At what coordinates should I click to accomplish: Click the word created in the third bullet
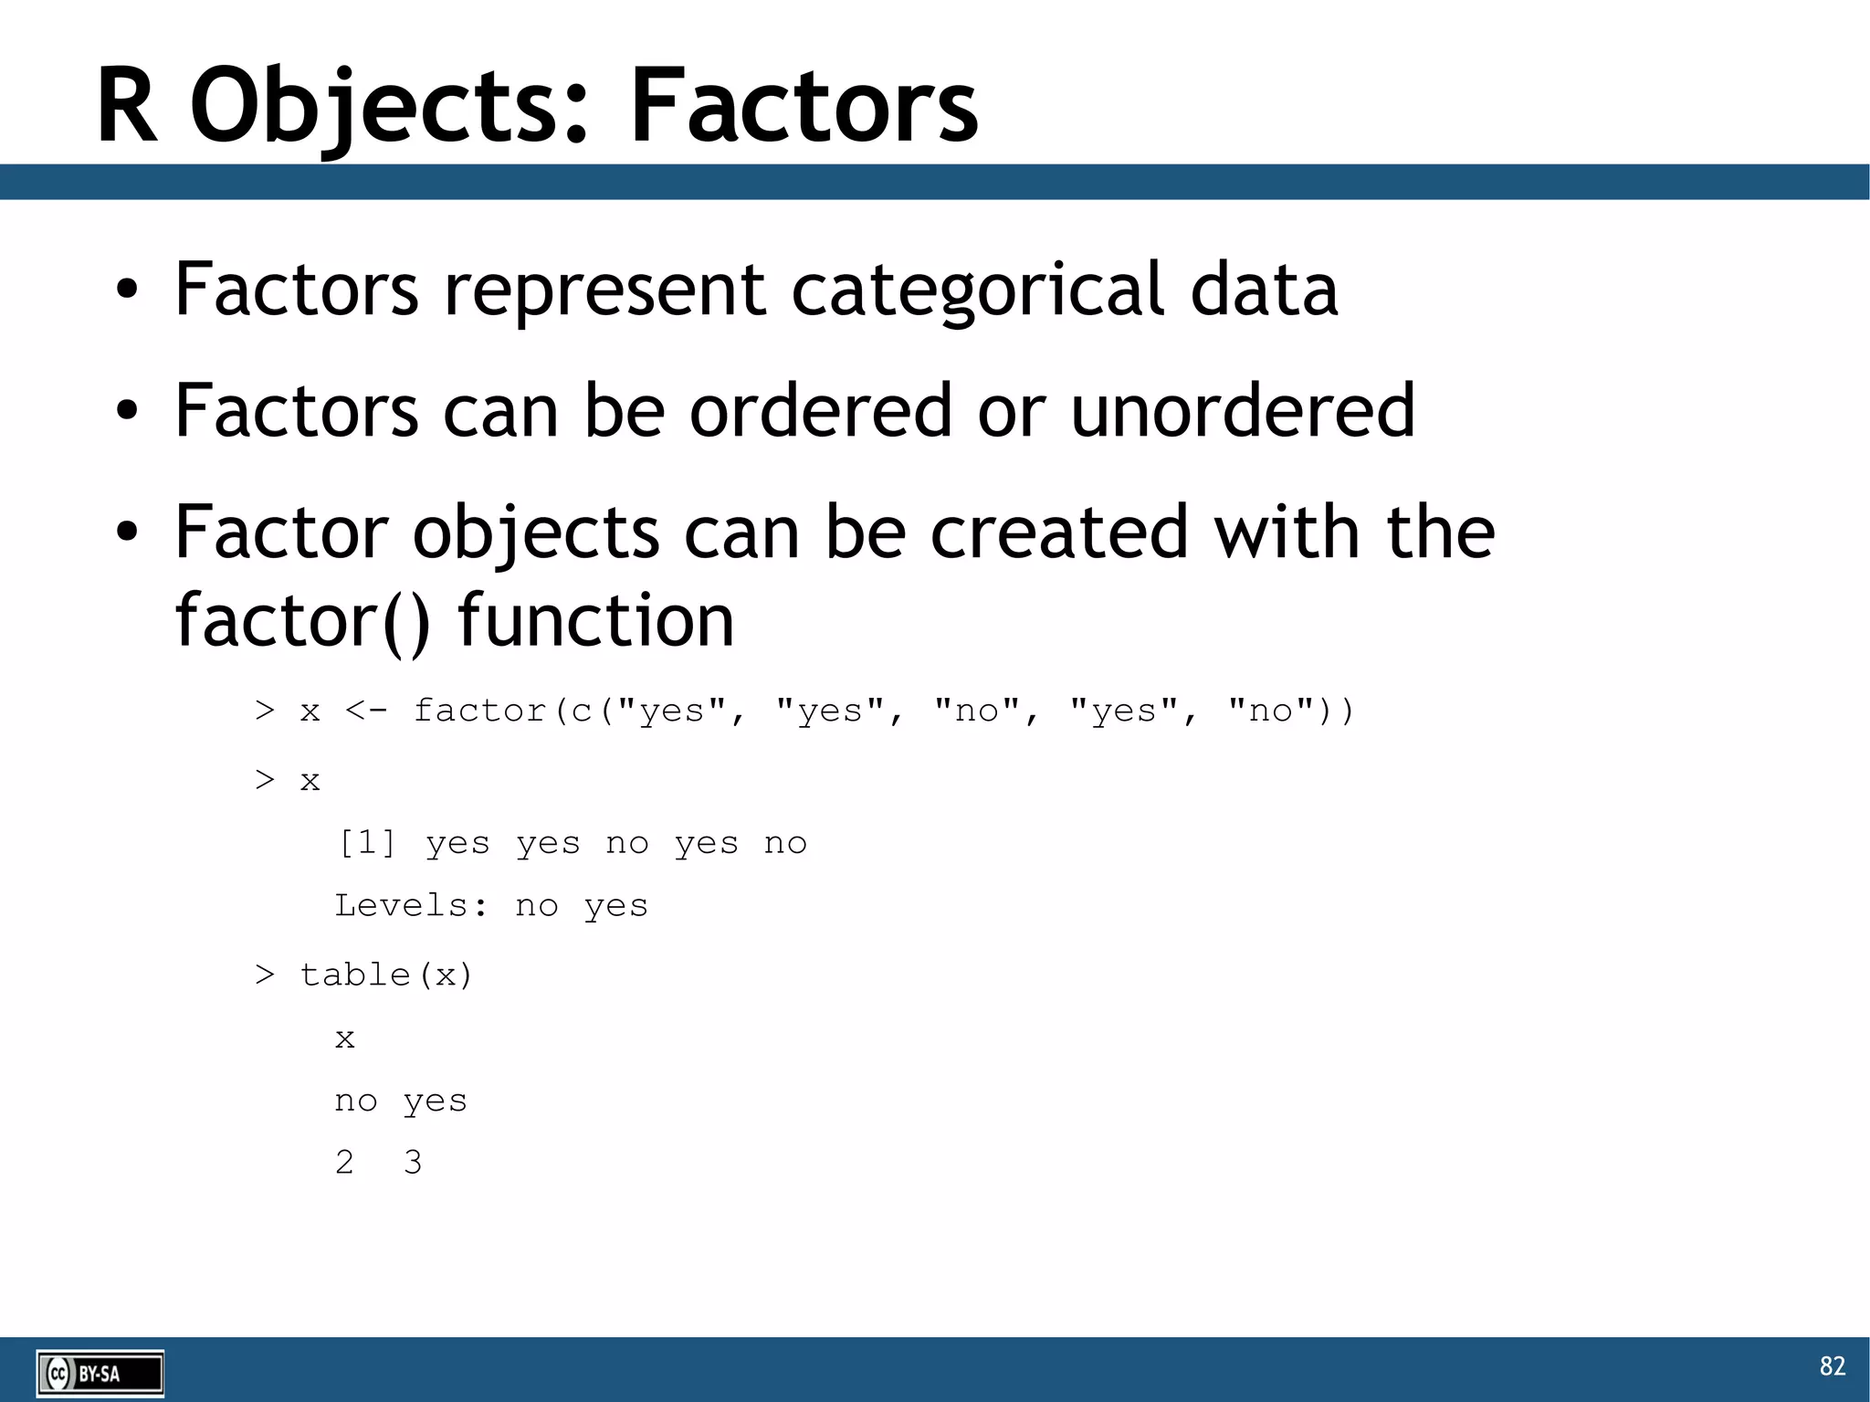click(1059, 532)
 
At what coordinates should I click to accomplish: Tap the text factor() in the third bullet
click(302, 621)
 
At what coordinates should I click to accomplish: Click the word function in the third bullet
click(595, 621)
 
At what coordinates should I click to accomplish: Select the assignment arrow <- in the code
click(366, 711)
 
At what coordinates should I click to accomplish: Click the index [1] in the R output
click(366, 842)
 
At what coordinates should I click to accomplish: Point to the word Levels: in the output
click(411, 905)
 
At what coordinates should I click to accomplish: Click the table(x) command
click(386, 975)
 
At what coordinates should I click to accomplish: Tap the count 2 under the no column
click(344, 1163)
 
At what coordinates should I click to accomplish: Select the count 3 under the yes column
click(413, 1163)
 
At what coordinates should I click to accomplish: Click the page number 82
click(1832, 1365)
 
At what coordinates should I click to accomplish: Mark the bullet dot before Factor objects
click(127, 532)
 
